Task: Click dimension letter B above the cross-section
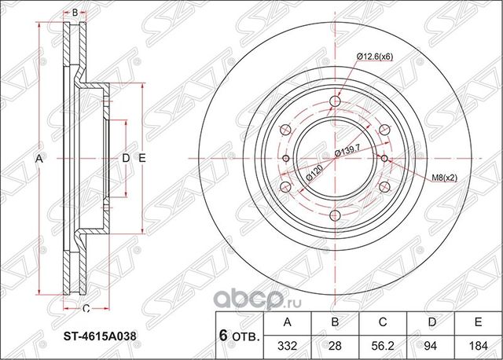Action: click(75, 13)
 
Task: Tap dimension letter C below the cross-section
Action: click(86, 307)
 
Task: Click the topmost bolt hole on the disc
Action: click(336, 101)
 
